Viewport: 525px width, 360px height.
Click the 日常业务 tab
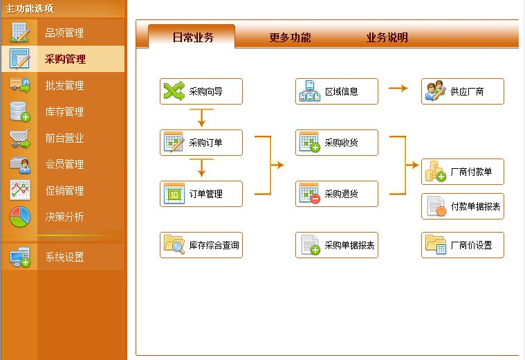[x=192, y=37]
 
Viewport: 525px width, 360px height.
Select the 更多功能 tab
[x=290, y=37]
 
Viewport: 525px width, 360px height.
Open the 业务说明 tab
[x=387, y=37]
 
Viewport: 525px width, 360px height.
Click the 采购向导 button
[x=201, y=91]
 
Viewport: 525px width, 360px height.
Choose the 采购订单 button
[x=201, y=143]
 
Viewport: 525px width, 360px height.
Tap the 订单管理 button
[x=201, y=194]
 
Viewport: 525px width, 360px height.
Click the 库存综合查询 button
[x=201, y=245]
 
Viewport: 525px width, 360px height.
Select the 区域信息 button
[x=337, y=91]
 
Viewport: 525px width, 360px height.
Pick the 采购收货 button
[x=337, y=143]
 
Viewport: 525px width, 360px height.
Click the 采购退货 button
[x=337, y=194]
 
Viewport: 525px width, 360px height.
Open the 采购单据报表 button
[x=337, y=245]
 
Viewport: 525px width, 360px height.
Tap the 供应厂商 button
[x=463, y=91]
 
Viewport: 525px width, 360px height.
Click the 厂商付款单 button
[x=463, y=172]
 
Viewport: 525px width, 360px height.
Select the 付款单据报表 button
[x=463, y=206]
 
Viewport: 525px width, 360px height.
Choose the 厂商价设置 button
[x=463, y=245]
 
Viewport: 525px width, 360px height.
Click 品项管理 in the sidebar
[x=64, y=33]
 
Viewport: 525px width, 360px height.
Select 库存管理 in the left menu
[x=64, y=111]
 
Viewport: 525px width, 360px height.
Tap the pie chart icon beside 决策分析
[x=20, y=217]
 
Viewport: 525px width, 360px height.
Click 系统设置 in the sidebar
[x=64, y=257]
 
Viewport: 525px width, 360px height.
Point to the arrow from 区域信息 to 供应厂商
[x=398, y=89]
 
